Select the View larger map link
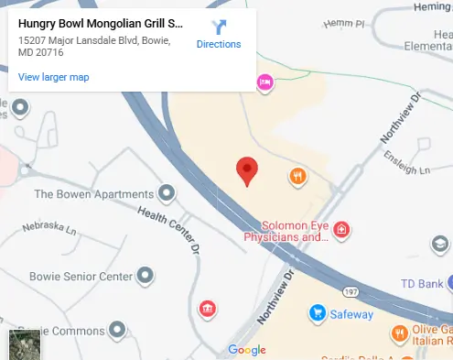tap(53, 77)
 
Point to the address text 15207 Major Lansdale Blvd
tap(92, 42)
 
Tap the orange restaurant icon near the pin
tap(297, 176)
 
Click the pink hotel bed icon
tap(265, 82)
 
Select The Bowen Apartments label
tap(93, 194)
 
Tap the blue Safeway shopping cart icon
tap(318, 313)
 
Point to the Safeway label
tap(352, 314)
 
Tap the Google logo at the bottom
tap(246, 350)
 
